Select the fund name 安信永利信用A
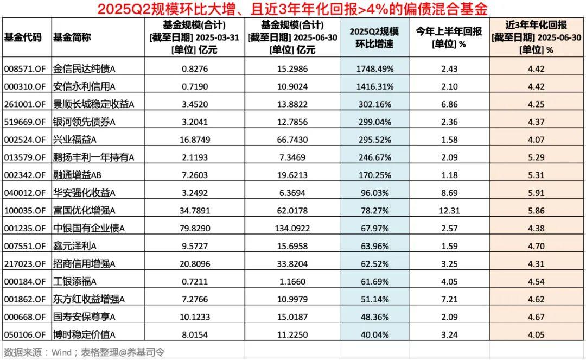click(x=84, y=86)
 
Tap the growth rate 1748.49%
click(x=375, y=69)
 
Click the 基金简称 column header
click(x=72, y=37)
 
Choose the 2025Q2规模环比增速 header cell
click(x=375, y=37)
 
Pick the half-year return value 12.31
click(x=449, y=210)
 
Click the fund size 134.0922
click(x=293, y=228)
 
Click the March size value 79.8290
click(x=194, y=228)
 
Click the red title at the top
click(x=293, y=9)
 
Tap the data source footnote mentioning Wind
click(x=84, y=352)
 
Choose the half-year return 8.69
click(x=449, y=193)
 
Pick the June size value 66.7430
click(x=293, y=140)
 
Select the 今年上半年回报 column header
click(x=449, y=37)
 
